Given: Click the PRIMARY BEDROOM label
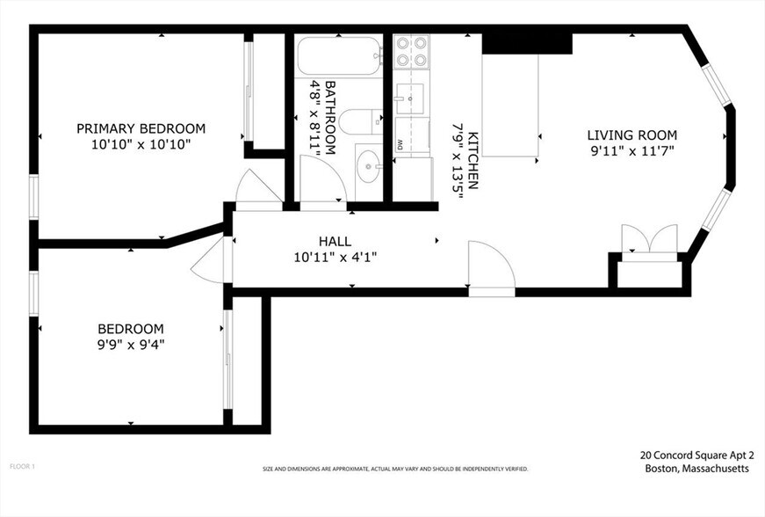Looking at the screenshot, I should click(141, 128).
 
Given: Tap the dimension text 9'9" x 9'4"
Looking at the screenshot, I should click(131, 345).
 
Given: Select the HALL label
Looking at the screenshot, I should click(335, 241).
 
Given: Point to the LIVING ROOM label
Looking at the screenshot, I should click(631, 135).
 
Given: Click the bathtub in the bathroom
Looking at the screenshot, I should click(338, 55).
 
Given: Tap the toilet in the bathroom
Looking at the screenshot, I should click(360, 122).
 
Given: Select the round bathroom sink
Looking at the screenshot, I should click(368, 164).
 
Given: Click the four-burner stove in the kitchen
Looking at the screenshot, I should click(411, 52).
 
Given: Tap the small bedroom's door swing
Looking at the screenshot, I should click(207, 261).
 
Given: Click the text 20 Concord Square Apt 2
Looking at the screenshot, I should click(696, 455).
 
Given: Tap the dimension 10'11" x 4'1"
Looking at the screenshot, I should click(335, 258).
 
